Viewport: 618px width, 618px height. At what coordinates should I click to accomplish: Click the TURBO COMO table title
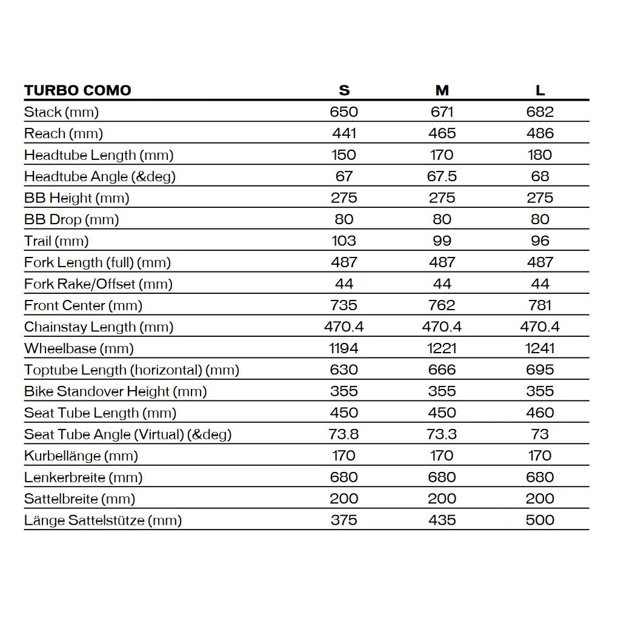click(x=78, y=90)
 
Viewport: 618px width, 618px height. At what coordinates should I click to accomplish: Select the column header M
click(x=442, y=90)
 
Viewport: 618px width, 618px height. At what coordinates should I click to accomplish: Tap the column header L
click(x=540, y=90)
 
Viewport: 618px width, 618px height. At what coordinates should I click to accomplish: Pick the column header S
click(x=344, y=90)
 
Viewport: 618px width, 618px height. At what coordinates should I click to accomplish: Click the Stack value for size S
click(x=344, y=112)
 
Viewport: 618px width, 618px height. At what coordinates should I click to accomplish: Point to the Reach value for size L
click(x=540, y=133)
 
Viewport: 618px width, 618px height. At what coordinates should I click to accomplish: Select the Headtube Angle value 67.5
click(x=442, y=176)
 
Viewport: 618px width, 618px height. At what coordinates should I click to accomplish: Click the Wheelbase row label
click(x=79, y=348)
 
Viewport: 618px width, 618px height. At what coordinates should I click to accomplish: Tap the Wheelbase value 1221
click(x=442, y=348)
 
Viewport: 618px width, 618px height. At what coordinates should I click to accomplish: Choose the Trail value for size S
click(x=344, y=241)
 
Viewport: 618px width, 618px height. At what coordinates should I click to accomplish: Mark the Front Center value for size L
click(x=540, y=305)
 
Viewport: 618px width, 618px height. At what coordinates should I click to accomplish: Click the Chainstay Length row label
click(x=99, y=327)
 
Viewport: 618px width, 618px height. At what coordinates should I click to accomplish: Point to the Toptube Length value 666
click(x=442, y=370)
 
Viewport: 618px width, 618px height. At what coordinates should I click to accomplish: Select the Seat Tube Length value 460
click(x=540, y=413)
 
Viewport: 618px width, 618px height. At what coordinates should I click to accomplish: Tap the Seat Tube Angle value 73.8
click(x=344, y=434)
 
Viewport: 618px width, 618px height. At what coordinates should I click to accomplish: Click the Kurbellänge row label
click(x=81, y=456)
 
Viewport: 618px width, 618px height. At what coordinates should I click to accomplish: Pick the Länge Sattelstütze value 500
click(x=540, y=520)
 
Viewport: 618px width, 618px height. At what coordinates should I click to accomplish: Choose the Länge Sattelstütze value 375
click(x=344, y=520)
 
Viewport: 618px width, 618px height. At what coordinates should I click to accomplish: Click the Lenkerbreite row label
click(x=84, y=477)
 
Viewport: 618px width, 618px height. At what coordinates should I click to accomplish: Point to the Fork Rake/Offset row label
click(x=98, y=284)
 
